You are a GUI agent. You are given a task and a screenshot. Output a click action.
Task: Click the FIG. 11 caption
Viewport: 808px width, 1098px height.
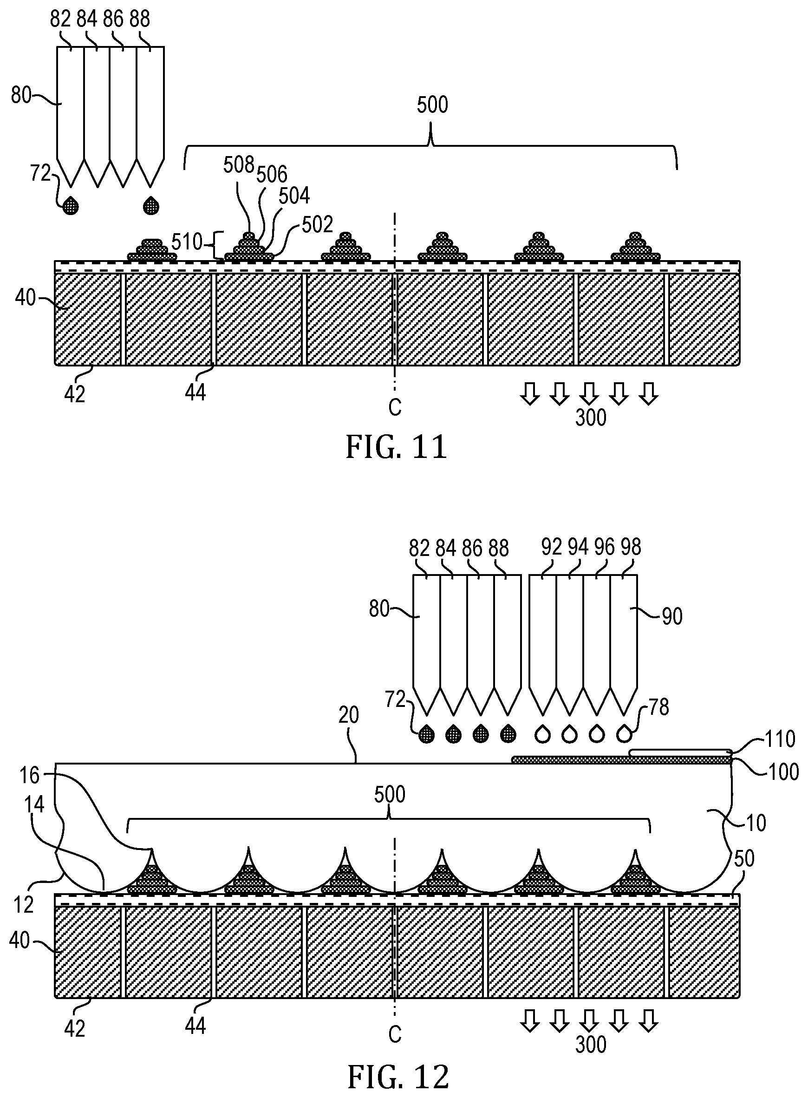[396, 447]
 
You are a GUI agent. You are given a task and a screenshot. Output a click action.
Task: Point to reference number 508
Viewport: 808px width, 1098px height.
[239, 165]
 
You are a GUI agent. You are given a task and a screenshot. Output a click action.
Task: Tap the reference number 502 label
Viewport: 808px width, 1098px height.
[318, 224]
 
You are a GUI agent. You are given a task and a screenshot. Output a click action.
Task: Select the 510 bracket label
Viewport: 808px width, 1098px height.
[187, 242]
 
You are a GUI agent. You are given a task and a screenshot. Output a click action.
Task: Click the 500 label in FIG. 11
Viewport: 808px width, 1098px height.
[432, 105]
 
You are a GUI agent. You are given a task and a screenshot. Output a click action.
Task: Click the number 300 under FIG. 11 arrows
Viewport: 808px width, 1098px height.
[591, 418]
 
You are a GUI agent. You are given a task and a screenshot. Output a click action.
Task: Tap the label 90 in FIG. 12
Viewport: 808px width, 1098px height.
[672, 617]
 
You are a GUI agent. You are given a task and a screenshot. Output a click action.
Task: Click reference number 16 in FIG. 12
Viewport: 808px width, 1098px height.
[29, 775]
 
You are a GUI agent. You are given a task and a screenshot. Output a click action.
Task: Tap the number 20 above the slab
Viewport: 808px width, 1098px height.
[349, 715]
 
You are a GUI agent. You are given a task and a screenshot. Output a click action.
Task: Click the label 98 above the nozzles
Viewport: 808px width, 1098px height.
[631, 547]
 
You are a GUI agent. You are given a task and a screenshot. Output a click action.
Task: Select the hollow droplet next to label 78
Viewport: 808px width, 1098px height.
[623, 734]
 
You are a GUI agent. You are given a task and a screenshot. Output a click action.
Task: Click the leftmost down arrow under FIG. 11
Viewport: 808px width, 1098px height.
[530, 393]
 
